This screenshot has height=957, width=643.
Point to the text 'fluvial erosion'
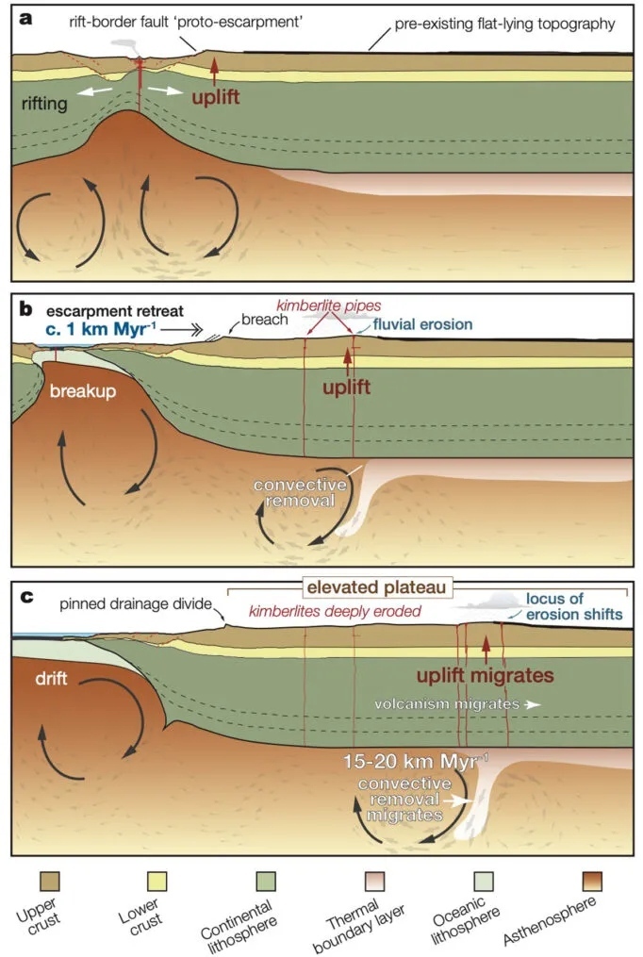[421, 324]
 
